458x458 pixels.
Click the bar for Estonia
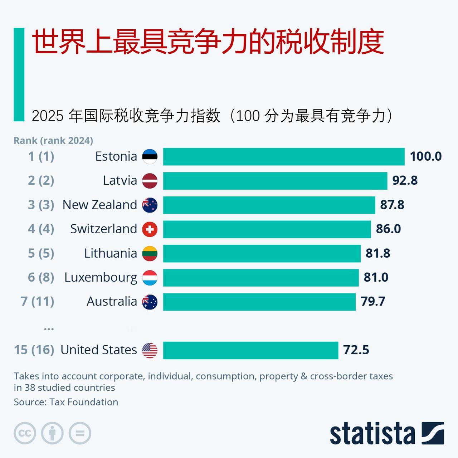[x=284, y=157]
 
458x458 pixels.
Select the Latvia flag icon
[x=150, y=181]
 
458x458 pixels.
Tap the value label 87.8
[x=392, y=205]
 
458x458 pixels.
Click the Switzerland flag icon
[x=150, y=229]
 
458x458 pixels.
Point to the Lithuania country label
[x=111, y=253]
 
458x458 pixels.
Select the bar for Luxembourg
[x=261, y=278]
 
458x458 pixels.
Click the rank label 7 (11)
[x=38, y=301]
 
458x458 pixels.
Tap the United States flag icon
[x=150, y=350]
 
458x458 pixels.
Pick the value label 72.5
[x=356, y=350]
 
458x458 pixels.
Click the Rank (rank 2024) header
[x=53, y=141]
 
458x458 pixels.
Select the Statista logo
[x=387, y=433]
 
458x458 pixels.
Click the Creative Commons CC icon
[x=25, y=433]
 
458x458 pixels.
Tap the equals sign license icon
[x=80, y=433]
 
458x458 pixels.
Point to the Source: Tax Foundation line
[x=66, y=402]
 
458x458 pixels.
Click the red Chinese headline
[x=208, y=42]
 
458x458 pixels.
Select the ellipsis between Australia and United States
[x=49, y=328]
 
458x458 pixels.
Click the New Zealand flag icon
[x=150, y=205]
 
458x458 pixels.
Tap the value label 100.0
[x=425, y=156]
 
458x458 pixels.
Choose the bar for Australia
[x=259, y=302]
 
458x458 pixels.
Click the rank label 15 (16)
[x=34, y=350]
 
